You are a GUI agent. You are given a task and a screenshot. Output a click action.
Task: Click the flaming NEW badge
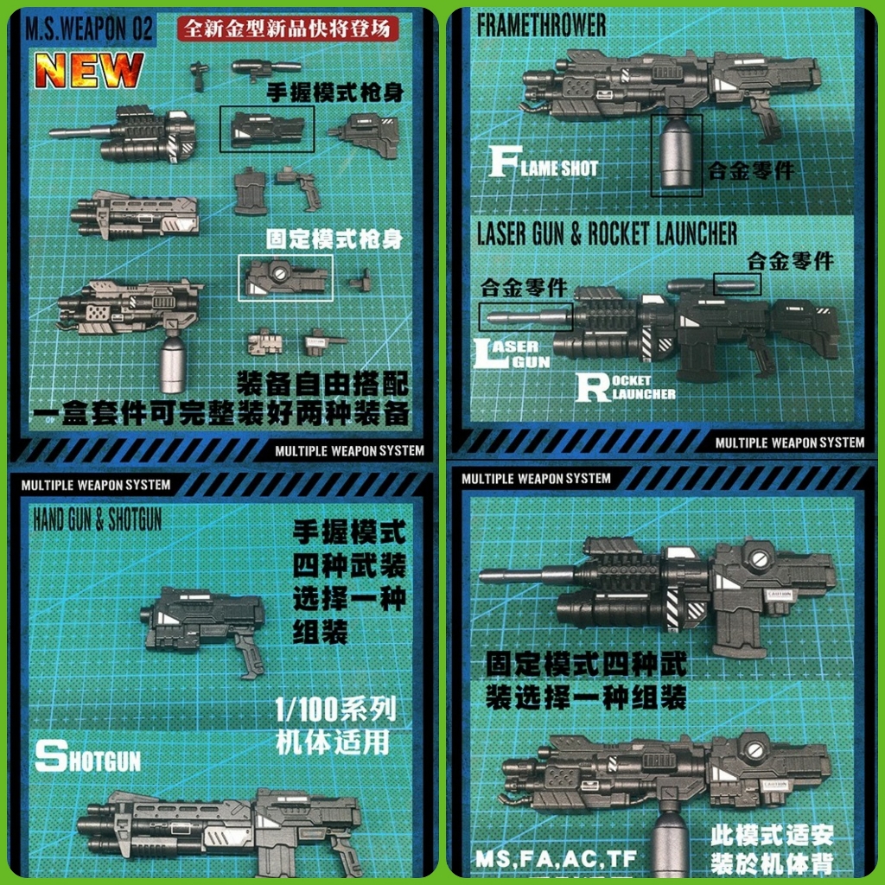tap(89, 70)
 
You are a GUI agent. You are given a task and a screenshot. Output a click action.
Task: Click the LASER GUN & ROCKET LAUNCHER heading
tap(607, 233)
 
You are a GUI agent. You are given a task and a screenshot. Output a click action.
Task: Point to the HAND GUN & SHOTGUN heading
tap(98, 519)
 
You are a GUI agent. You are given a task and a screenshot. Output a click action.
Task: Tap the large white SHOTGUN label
tap(87, 758)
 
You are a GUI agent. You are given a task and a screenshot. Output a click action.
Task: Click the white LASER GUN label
tap(513, 354)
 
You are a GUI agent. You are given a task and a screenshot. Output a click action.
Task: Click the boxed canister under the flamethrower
tap(676, 156)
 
